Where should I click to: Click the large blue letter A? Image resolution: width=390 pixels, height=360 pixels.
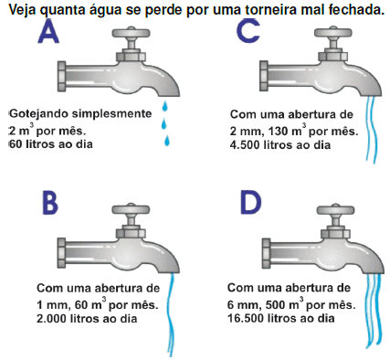coord(48,31)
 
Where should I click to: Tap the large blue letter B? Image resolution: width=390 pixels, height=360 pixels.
coord(50,203)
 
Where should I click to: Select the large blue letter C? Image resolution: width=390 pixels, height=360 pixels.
coord(248,30)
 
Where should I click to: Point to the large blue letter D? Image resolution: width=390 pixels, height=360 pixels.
coord(251,203)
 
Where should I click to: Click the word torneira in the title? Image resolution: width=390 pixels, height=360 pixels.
coord(271,10)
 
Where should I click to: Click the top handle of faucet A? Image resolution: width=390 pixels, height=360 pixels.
coord(132,32)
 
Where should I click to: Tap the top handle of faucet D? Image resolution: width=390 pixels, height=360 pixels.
coord(335,209)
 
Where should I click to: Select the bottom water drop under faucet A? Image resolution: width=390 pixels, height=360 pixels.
coord(167,141)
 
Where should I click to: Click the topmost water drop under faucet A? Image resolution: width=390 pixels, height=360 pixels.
coord(164,105)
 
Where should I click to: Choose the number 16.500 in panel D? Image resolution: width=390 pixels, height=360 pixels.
coord(246,319)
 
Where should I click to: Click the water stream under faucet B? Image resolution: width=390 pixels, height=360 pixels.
coord(171,313)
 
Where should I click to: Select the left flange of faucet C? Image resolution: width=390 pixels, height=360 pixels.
coord(263,76)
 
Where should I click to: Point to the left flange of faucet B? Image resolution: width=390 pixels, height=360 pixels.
coord(61,253)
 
